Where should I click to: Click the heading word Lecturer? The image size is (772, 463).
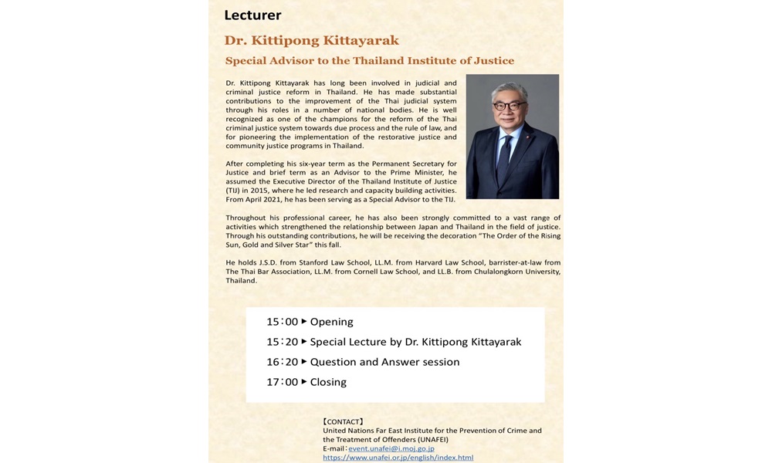252,15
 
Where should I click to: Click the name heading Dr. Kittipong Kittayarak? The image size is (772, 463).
312,39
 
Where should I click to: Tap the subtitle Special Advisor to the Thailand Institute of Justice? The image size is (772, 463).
369,60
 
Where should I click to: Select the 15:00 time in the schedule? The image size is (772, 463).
282,322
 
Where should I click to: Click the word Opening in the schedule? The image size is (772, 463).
331,322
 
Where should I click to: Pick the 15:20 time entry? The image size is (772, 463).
282,342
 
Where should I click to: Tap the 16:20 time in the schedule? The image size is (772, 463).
282,362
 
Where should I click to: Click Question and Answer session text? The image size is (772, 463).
384,362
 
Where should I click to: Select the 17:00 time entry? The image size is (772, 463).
282,382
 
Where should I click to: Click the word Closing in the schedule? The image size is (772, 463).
328,382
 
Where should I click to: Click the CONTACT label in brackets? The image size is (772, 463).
343,421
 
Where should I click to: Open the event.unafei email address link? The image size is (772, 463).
391,448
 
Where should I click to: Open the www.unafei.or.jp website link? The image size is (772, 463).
398,458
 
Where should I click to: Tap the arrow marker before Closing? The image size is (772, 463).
304,381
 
